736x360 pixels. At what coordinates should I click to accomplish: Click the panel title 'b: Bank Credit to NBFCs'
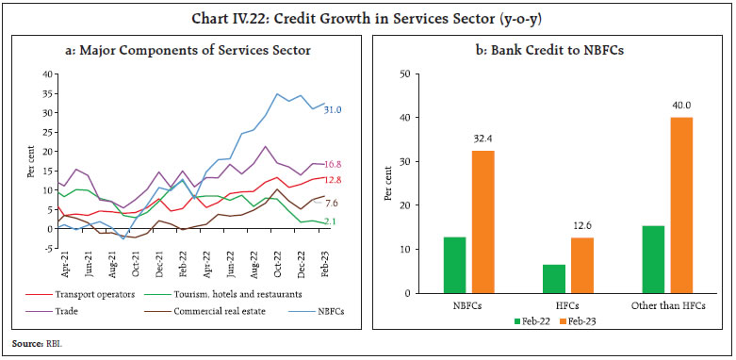click(548, 48)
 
